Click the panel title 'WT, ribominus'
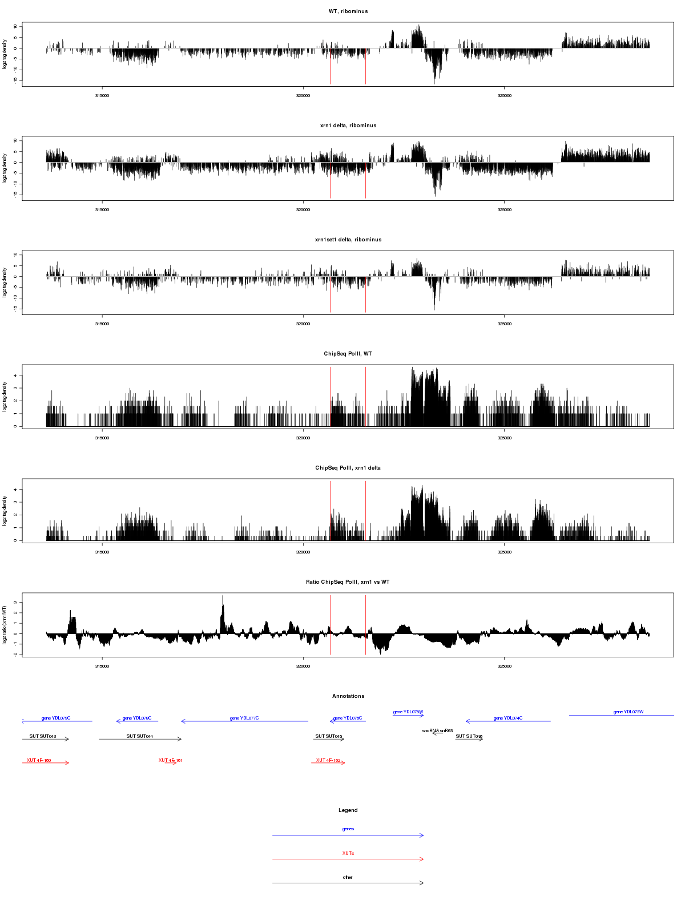pyautogui.click(x=348, y=11)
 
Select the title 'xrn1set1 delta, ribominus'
pyautogui.click(x=348, y=240)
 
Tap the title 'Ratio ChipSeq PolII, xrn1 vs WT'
pyautogui.click(x=348, y=582)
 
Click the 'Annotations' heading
pyautogui.click(x=348, y=696)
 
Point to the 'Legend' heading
pyautogui.click(x=348, y=810)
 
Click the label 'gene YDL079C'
pyautogui.click(x=56, y=718)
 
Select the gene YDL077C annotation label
pyautogui.click(x=244, y=718)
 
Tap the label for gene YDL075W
pyautogui.click(x=408, y=712)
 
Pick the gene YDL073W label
pyautogui.click(x=628, y=712)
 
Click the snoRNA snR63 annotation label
pyautogui.click(x=437, y=730)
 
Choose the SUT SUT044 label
pyautogui.click(x=139, y=736)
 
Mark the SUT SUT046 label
pyautogui.click(x=469, y=736)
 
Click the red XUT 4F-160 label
pyautogui.click(x=39, y=760)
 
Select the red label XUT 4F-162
pyautogui.click(x=328, y=760)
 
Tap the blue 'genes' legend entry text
pyautogui.click(x=348, y=829)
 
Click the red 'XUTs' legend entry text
pyautogui.click(x=348, y=853)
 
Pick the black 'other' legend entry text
pyautogui.click(x=348, y=877)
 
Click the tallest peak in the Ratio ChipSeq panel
pyautogui.click(x=223, y=597)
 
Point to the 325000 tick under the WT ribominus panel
pyautogui.click(x=504, y=96)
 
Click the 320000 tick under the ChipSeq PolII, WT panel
pyautogui.click(x=303, y=438)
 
